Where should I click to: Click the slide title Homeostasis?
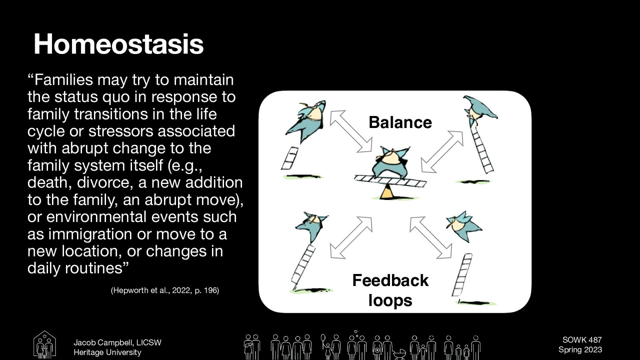[119, 44]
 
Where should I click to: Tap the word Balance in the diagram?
[400, 122]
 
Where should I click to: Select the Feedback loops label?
[390, 290]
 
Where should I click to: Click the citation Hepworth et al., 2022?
[165, 290]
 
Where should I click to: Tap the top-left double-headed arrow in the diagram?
[351, 131]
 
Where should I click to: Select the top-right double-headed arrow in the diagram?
[442, 152]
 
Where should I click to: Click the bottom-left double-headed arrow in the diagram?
[351, 238]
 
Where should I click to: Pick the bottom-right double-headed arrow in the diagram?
[431, 237]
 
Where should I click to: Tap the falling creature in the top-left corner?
[306, 120]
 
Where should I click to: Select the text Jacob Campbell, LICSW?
[117, 343]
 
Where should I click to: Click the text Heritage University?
[107, 352]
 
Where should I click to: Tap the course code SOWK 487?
[582, 340]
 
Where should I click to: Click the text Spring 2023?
[580, 350]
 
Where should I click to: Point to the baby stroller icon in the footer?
[399, 354]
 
